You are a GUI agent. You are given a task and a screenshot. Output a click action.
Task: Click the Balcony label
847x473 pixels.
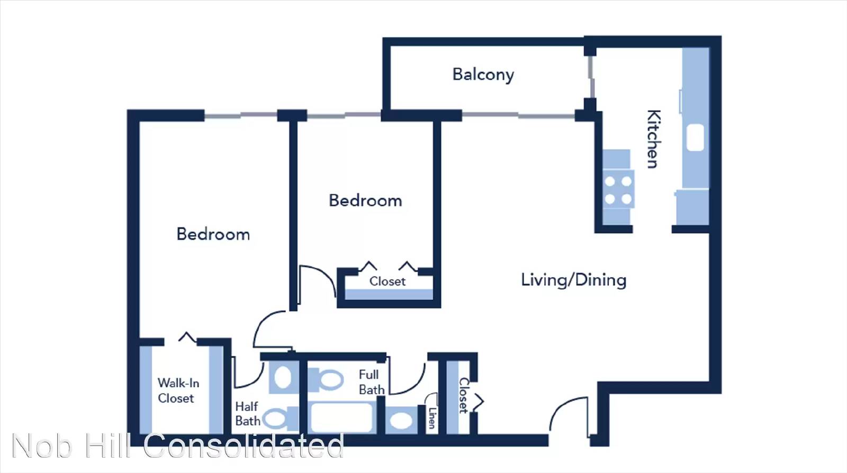pyautogui.click(x=483, y=75)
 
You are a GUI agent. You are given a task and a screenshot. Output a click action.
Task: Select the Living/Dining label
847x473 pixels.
pyautogui.click(x=574, y=280)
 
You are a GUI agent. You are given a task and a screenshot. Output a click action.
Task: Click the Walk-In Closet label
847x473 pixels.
pyautogui.click(x=178, y=390)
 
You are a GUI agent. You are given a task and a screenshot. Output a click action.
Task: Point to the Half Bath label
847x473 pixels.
pyautogui.click(x=248, y=414)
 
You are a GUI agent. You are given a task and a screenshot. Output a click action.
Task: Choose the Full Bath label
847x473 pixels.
pyautogui.click(x=371, y=382)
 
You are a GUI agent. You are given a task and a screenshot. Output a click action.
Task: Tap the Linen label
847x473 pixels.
pyautogui.click(x=432, y=418)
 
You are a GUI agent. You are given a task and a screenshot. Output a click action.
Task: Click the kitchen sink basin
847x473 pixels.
pyautogui.click(x=695, y=137)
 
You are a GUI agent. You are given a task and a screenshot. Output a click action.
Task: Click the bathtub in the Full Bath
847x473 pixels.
pyautogui.click(x=341, y=417)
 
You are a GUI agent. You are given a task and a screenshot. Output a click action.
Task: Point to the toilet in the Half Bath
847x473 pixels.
pyautogui.click(x=281, y=418)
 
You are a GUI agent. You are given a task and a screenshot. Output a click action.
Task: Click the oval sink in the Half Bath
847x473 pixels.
pyautogui.click(x=283, y=377)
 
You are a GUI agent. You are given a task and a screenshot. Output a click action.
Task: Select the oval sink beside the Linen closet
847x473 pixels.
pyautogui.click(x=401, y=421)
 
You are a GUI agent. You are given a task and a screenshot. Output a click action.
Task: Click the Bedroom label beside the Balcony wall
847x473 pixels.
pyautogui.click(x=365, y=201)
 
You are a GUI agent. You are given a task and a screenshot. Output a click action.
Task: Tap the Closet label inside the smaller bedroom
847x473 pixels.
pyautogui.click(x=387, y=281)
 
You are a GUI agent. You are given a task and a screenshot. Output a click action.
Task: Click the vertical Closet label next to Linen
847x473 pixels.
pyautogui.click(x=464, y=395)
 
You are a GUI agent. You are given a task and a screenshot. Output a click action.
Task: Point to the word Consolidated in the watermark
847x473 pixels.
pyautogui.click(x=243, y=445)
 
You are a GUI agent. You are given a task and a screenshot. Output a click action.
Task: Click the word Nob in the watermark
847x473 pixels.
pyautogui.click(x=42, y=445)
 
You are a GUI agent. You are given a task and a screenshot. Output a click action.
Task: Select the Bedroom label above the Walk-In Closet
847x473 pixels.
pyautogui.click(x=213, y=234)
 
